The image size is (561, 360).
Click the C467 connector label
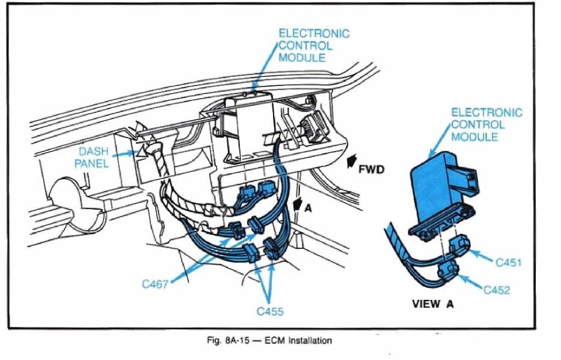155,283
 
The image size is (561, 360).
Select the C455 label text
269,311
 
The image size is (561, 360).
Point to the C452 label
497,291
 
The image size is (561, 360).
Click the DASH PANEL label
91,158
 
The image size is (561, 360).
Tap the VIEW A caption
432,304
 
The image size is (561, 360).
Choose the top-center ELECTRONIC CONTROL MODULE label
313,46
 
